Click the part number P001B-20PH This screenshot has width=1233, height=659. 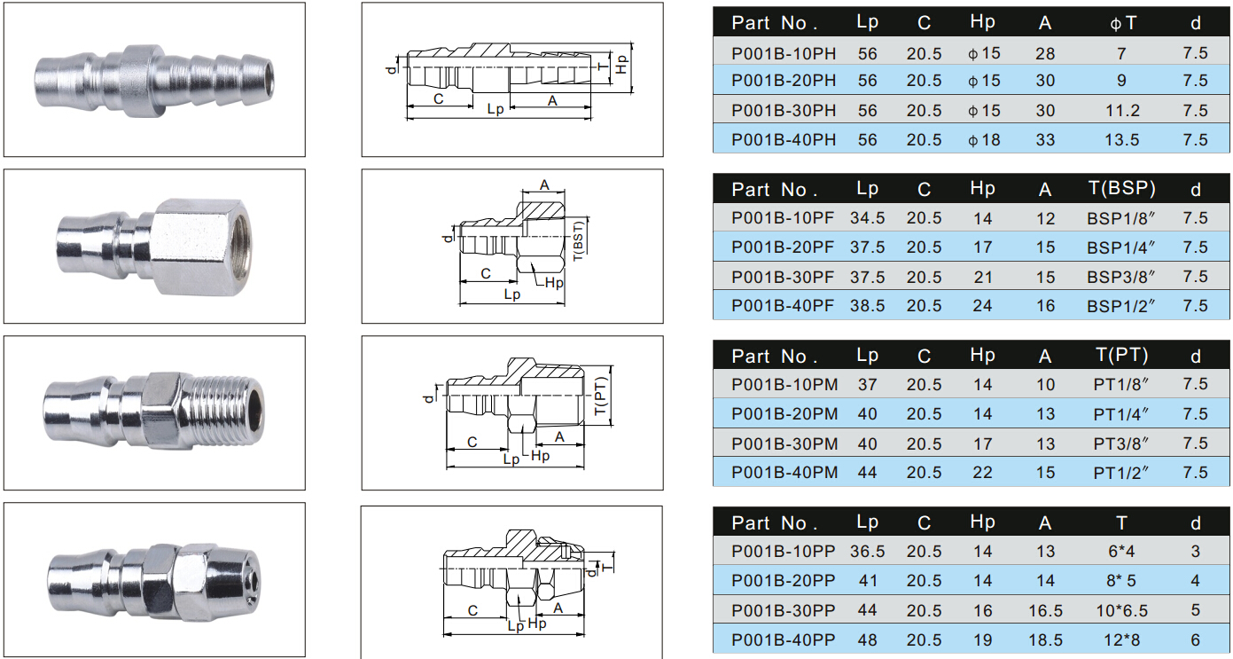784,81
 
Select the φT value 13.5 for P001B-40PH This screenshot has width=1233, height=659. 1122,140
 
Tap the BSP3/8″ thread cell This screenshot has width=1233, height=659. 1120,277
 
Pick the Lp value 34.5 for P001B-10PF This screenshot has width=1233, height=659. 867,218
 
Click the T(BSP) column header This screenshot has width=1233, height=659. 1122,188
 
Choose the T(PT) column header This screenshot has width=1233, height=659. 1122,355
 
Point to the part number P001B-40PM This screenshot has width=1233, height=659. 784,473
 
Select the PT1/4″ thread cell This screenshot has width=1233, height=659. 1120,414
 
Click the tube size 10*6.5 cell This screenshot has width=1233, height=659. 1122,610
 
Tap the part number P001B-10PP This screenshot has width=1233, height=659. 784,551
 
